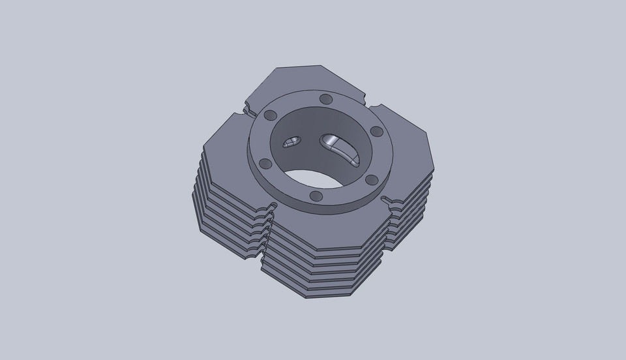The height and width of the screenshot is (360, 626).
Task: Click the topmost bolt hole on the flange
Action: [x=325, y=99]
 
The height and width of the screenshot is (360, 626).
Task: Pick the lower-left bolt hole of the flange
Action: [x=265, y=163]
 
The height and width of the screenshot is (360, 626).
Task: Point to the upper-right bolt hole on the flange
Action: [x=376, y=131]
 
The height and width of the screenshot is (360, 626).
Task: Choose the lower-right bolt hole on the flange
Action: [x=371, y=179]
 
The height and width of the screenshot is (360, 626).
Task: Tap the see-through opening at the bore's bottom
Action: [x=320, y=178]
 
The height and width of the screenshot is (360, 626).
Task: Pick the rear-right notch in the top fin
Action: [x=376, y=104]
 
